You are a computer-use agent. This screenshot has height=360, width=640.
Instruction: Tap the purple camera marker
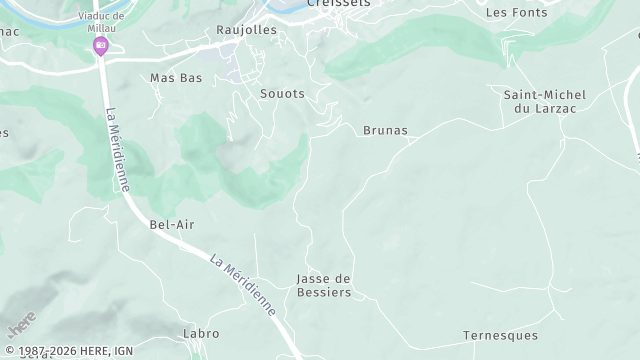(100, 46)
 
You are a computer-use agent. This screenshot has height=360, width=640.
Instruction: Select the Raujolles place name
(246, 30)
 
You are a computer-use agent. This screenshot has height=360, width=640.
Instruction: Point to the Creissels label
(339, 4)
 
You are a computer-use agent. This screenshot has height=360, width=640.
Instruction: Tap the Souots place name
(282, 93)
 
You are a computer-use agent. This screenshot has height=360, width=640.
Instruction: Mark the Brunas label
(385, 130)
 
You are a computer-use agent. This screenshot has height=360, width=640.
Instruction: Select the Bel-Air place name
(171, 224)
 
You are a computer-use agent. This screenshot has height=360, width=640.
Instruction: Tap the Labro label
(200, 332)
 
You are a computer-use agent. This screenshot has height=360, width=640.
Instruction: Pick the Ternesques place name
(500, 335)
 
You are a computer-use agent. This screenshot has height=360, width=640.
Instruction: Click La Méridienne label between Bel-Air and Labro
(243, 285)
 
